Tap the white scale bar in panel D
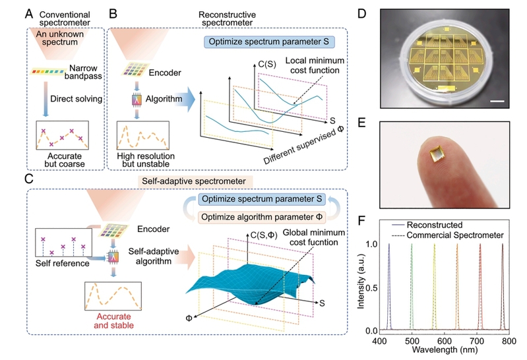click(497, 101)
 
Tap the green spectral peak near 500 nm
click(412, 284)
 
